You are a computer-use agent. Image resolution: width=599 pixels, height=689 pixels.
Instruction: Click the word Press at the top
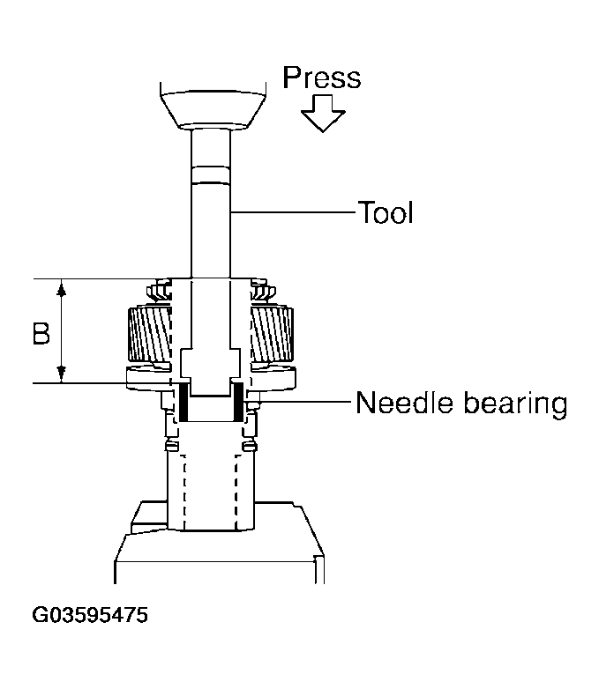[321, 78]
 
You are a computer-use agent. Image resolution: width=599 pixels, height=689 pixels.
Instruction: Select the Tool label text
[385, 212]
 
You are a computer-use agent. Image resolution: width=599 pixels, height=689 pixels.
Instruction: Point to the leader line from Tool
[291, 212]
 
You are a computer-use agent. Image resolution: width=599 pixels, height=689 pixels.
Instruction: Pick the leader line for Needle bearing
[300, 404]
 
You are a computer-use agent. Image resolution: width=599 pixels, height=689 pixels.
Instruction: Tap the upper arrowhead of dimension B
[62, 287]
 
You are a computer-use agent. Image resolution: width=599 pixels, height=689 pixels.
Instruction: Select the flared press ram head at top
[211, 106]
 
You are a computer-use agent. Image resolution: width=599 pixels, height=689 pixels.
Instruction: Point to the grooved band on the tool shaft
[211, 174]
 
